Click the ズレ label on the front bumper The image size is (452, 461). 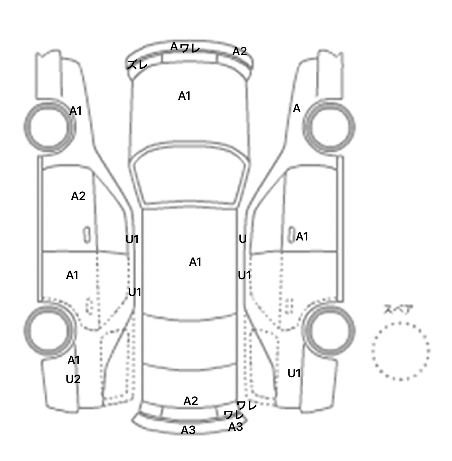tap(137, 65)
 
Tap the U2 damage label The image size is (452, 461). tap(73, 379)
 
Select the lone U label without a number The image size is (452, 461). tap(242, 239)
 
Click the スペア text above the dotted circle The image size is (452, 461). tap(398, 310)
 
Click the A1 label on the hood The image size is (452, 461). tap(185, 96)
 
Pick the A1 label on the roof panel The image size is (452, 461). tap(195, 262)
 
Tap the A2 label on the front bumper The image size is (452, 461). tap(240, 51)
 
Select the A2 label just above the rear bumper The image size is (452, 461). tap(191, 401)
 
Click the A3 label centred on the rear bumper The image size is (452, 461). tap(188, 430)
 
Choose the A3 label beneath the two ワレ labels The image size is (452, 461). tap(236, 427)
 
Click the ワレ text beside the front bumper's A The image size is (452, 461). tap(190, 48)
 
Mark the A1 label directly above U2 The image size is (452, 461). tap(74, 360)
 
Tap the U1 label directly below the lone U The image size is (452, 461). tap(245, 275)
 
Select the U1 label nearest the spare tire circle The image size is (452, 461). tap(294, 373)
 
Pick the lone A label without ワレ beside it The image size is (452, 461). tap(297, 108)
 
